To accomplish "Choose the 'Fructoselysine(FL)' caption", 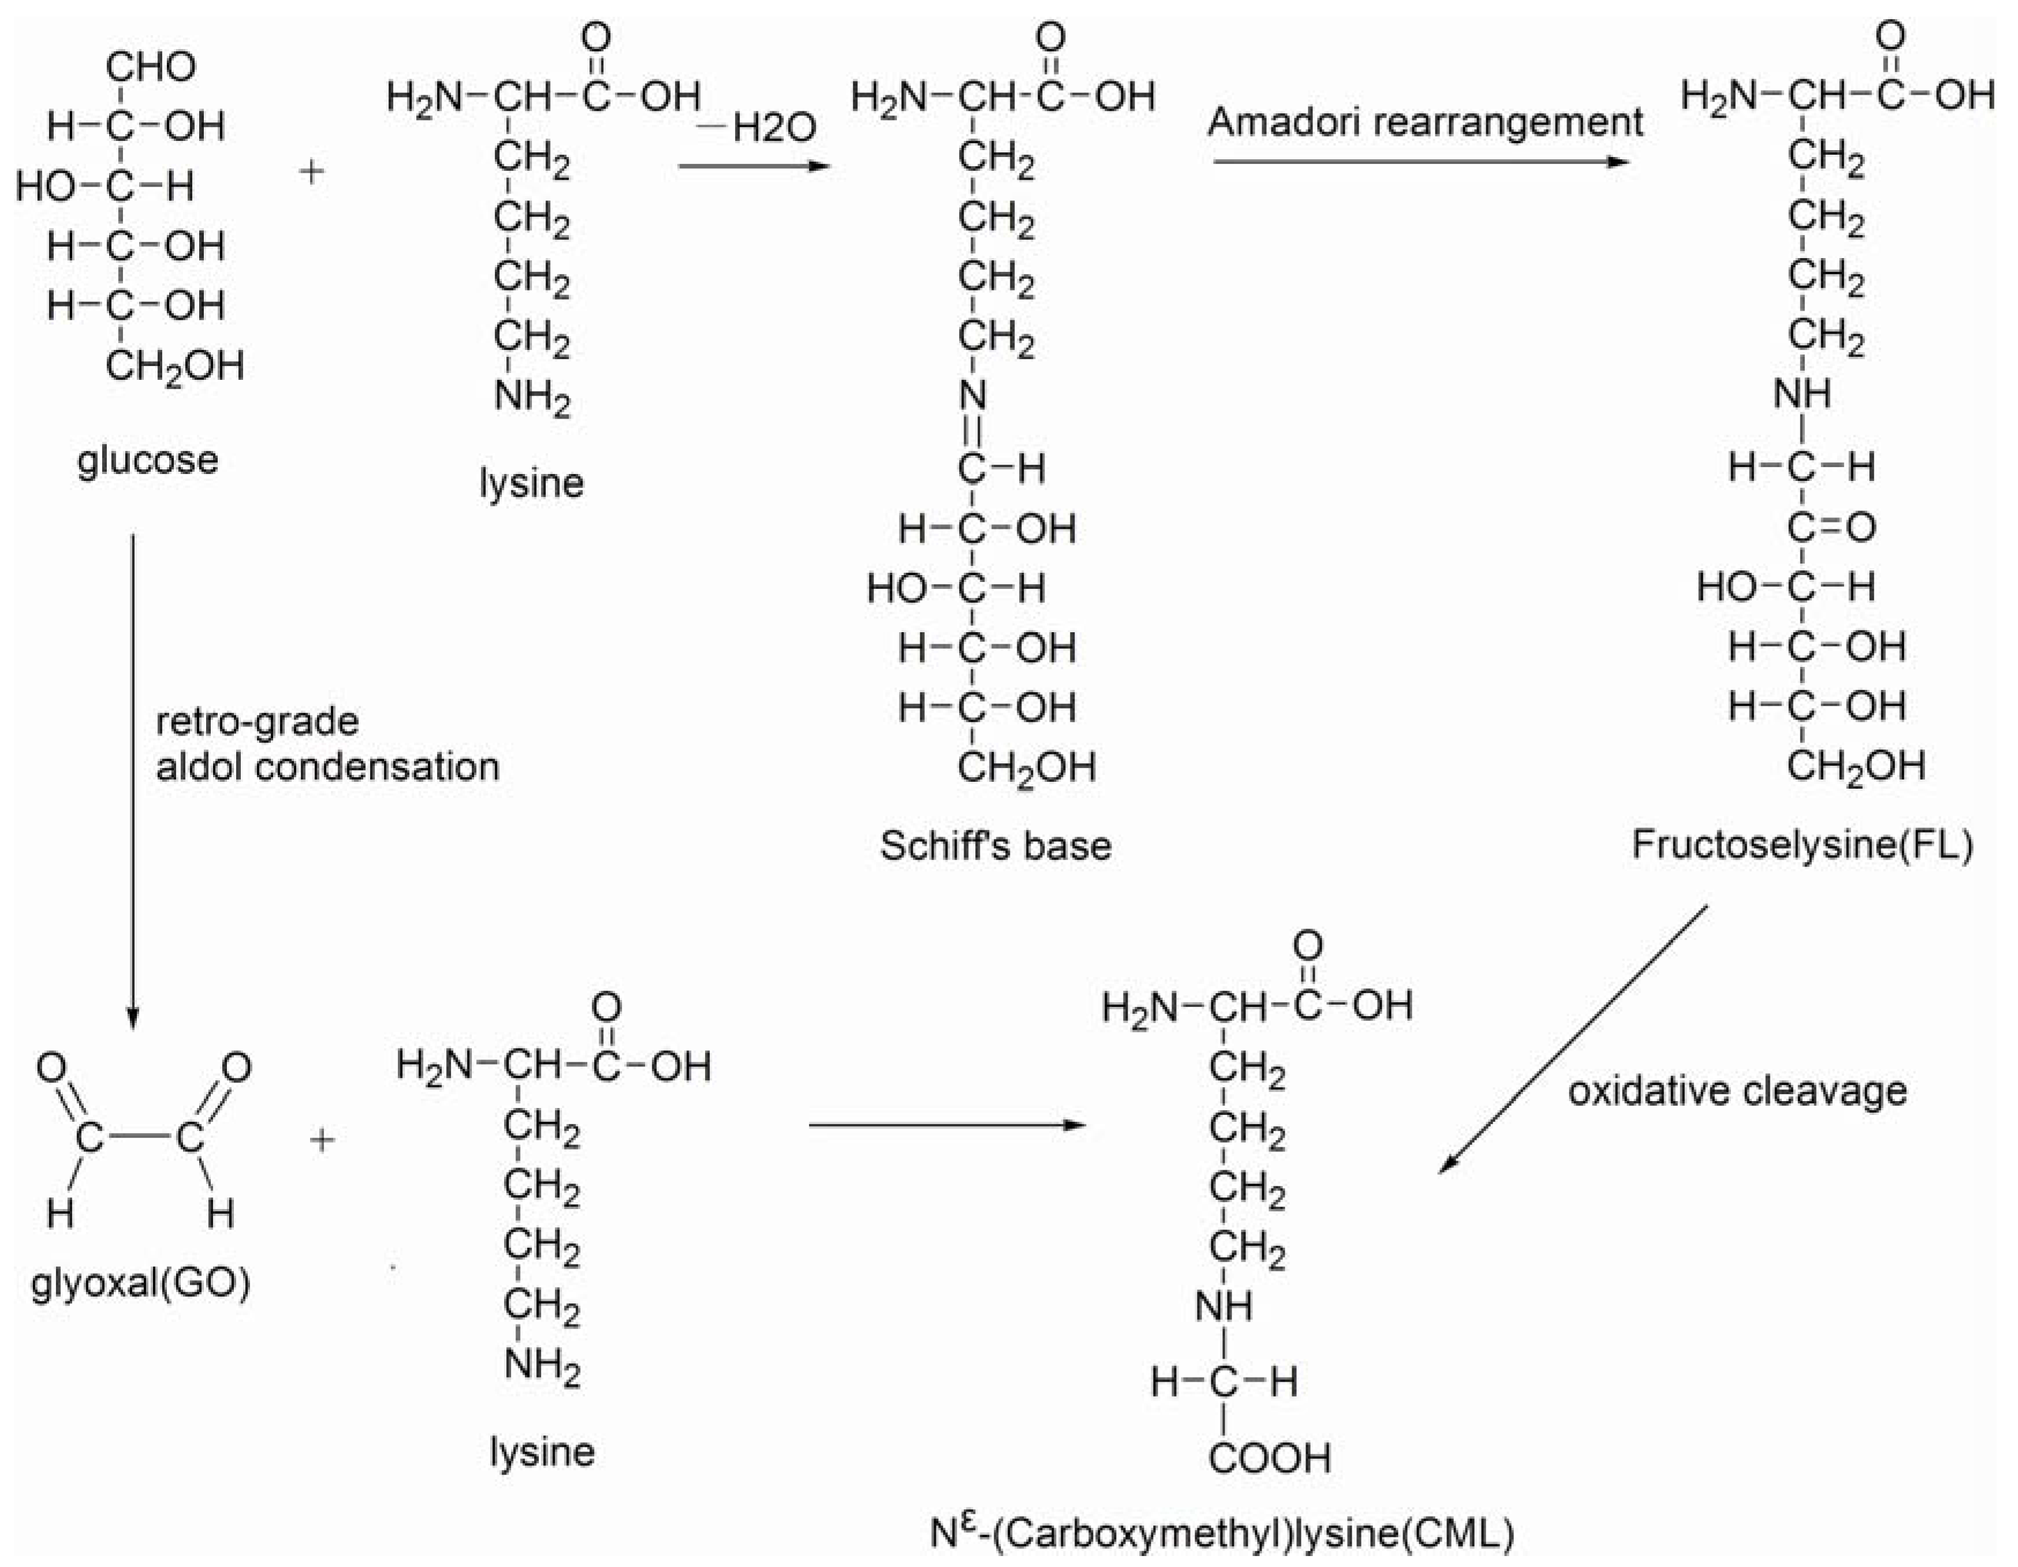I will pyautogui.click(x=1803, y=845).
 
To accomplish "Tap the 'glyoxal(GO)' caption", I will pyautogui.click(x=140, y=1284).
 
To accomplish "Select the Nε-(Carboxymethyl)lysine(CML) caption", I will pyautogui.click(x=1222, y=1534).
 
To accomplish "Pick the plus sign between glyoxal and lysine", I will pyautogui.click(x=322, y=1140).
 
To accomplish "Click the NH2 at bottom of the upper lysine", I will pyautogui.click(x=532, y=398).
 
